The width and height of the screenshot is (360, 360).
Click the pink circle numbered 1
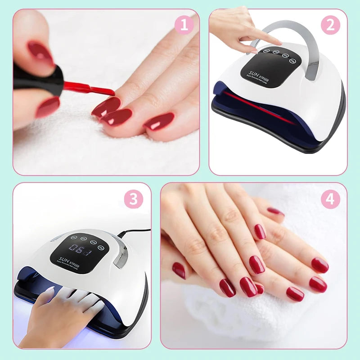(184, 25)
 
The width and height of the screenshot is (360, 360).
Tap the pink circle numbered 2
(330, 25)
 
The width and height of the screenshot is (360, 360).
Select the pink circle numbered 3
(134, 198)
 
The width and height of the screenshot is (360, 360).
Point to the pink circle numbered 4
(330, 198)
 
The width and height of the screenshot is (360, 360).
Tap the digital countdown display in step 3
(75, 249)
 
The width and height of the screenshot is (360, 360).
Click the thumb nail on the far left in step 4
(179, 270)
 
